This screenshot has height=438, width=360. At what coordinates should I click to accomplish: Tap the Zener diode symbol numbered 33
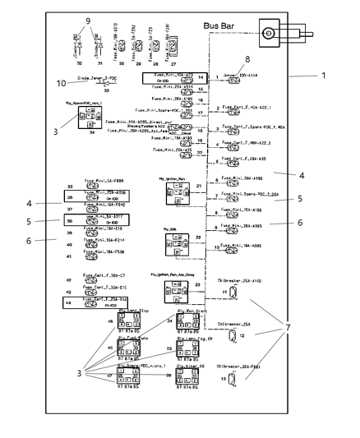(106, 81)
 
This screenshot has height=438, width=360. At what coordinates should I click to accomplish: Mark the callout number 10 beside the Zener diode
(59, 82)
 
